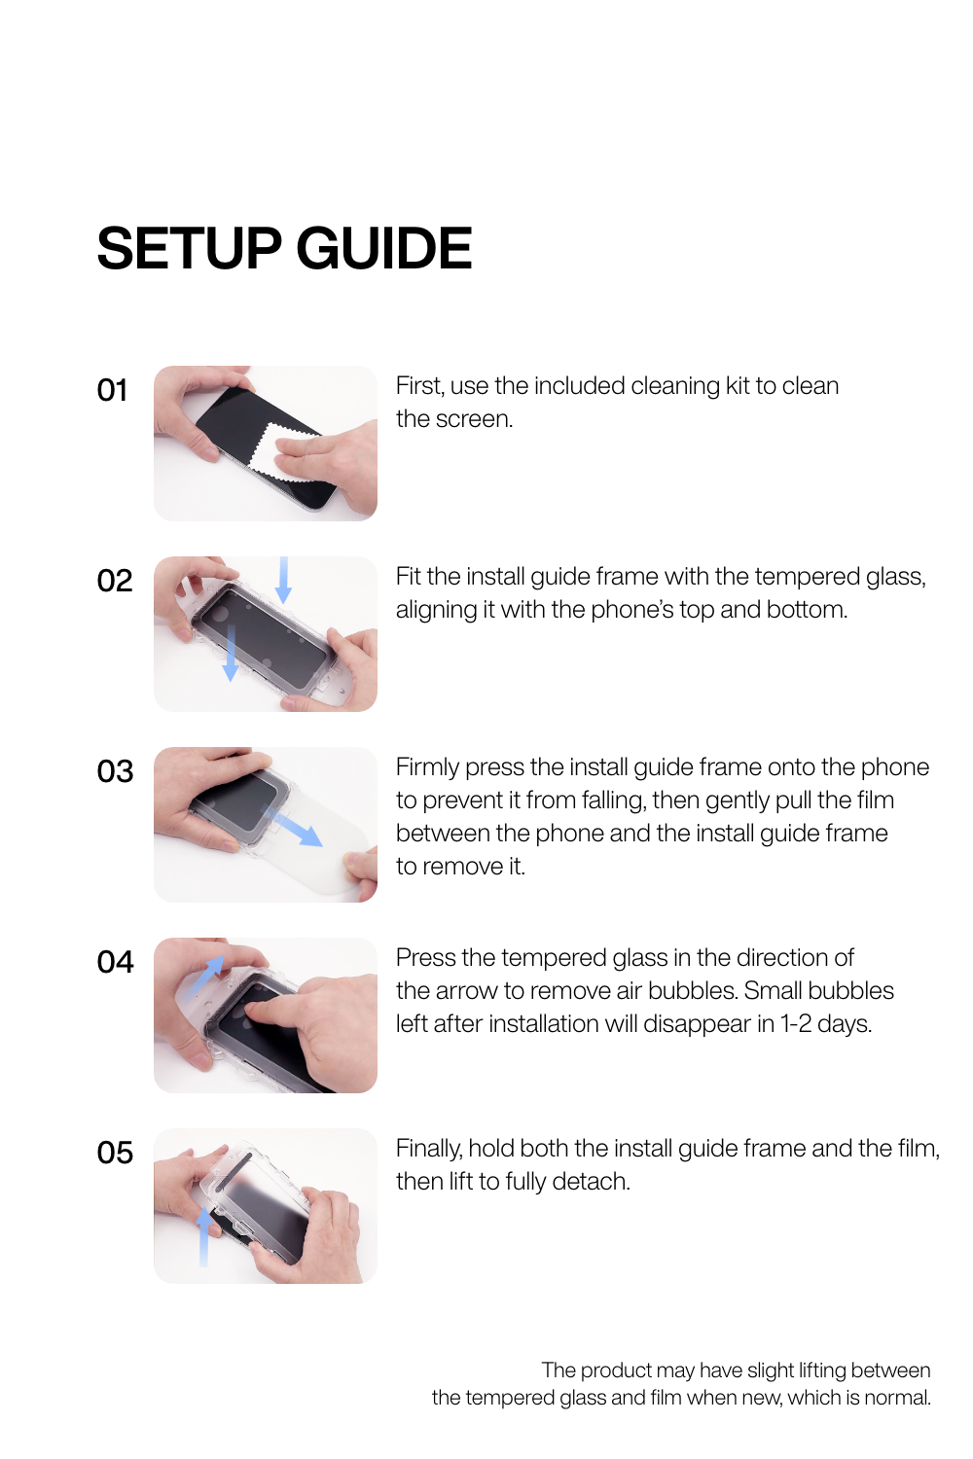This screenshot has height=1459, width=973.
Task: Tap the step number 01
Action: tap(112, 390)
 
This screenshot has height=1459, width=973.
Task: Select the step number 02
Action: tap(115, 581)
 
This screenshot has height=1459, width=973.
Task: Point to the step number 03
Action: tap(116, 772)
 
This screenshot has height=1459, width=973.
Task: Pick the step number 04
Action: tap(116, 962)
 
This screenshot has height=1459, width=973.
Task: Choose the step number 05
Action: tap(116, 1153)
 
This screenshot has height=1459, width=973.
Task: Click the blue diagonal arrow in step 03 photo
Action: tap(292, 825)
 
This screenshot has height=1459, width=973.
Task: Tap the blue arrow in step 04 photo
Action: tap(204, 977)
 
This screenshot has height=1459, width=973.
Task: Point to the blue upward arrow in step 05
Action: tap(203, 1236)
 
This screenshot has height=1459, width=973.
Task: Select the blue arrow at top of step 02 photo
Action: tap(283, 580)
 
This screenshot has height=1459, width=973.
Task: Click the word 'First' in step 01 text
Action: tap(419, 385)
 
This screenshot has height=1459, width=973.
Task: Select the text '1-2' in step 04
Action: tap(796, 1024)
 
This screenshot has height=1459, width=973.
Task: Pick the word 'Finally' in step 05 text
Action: tap(428, 1150)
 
